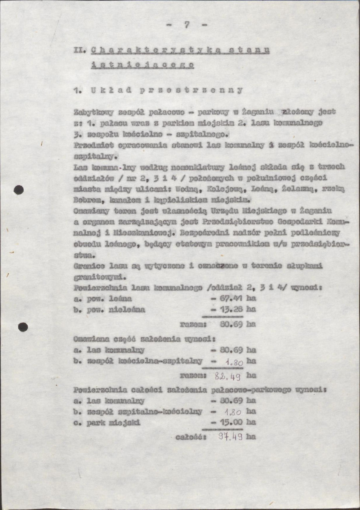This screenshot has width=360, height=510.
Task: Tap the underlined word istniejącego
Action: pyautogui.click(x=143, y=65)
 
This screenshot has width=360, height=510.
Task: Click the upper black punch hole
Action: pyautogui.click(x=19, y=190)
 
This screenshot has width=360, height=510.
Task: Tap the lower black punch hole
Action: pyautogui.click(x=23, y=327)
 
